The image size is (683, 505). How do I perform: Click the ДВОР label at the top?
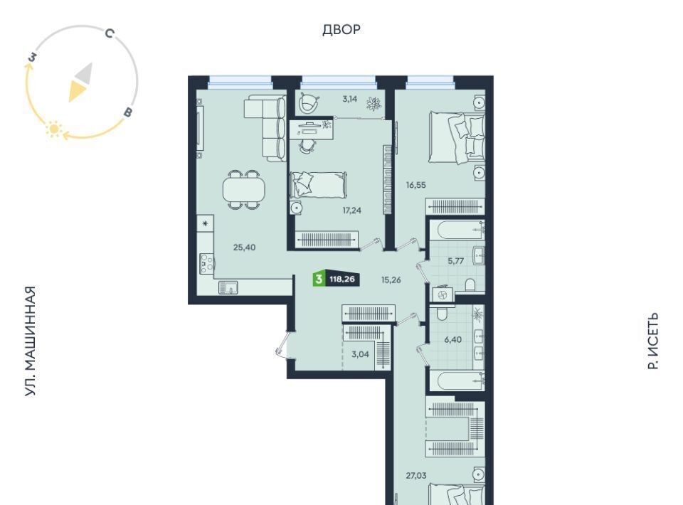pyautogui.click(x=341, y=30)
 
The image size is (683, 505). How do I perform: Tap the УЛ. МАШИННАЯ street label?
pyautogui.click(x=30, y=341)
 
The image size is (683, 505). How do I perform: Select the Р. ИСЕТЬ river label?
pyautogui.click(x=652, y=341)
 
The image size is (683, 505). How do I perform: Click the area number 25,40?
pyautogui.click(x=244, y=248)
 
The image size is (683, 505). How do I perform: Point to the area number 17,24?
pyautogui.click(x=352, y=211)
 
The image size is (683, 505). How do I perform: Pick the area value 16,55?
pyautogui.click(x=416, y=185)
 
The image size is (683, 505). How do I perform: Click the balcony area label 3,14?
pyautogui.click(x=350, y=99)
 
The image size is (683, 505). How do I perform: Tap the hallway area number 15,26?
pyautogui.click(x=391, y=280)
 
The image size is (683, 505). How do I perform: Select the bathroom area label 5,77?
pyautogui.click(x=456, y=261)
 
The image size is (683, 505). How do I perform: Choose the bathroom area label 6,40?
pyautogui.click(x=453, y=339)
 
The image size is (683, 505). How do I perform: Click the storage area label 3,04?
pyautogui.click(x=360, y=354)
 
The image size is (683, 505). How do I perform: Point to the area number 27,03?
pyautogui.click(x=416, y=475)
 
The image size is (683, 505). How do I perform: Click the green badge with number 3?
pyautogui.click(x=319, y=279)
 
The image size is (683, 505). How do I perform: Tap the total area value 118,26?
pyautogui.click(x=342, y=279)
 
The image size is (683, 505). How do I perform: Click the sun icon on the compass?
pyautogui.click(x=54, y=129)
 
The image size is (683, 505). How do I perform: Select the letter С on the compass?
pyautogui.click(x=110, y=33)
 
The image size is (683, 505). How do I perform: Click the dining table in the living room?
pyautogui.click(x=243, y=189)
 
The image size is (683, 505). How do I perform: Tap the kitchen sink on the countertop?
pyautogui.click(x=228, y=288)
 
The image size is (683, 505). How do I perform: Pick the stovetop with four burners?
pyautogui.click(x=206, y=263)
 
